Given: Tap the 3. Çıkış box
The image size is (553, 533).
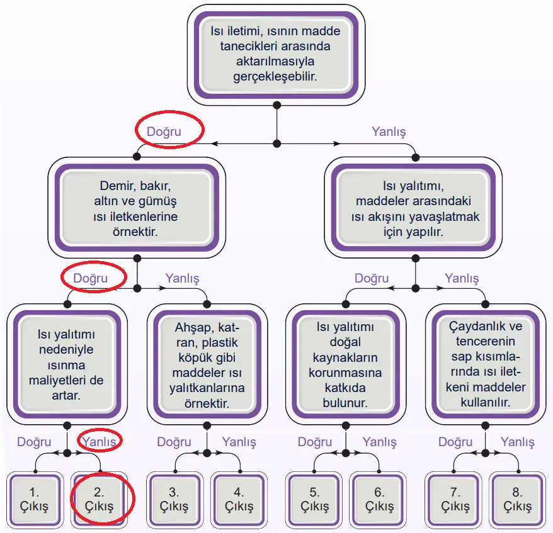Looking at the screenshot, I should (174, 498).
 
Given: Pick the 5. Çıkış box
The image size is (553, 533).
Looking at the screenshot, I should (314, 498).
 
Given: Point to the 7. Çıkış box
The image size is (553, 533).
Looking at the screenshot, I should (455, 498).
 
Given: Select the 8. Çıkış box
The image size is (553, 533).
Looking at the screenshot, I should (520, 498).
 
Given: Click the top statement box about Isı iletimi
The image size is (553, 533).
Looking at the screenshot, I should (276, 53).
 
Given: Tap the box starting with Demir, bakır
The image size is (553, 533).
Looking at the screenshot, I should (136, 209).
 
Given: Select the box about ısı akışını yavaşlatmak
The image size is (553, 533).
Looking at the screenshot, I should (415, 209).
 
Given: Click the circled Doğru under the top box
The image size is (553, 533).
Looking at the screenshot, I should (164, 132).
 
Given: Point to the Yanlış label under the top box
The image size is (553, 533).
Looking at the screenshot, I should (389, 132).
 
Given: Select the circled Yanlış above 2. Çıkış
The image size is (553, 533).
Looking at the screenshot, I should (99, 442).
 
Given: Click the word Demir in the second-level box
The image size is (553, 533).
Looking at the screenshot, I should (116, 187).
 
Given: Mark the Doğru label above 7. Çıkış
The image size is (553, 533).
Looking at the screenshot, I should (455, 442).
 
